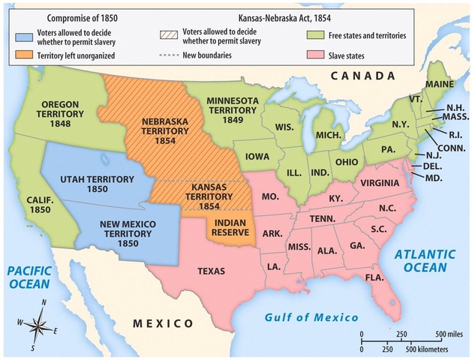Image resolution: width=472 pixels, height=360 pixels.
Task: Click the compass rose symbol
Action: pos(37,324)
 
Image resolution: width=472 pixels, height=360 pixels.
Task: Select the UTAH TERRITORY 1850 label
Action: pos(98,184)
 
